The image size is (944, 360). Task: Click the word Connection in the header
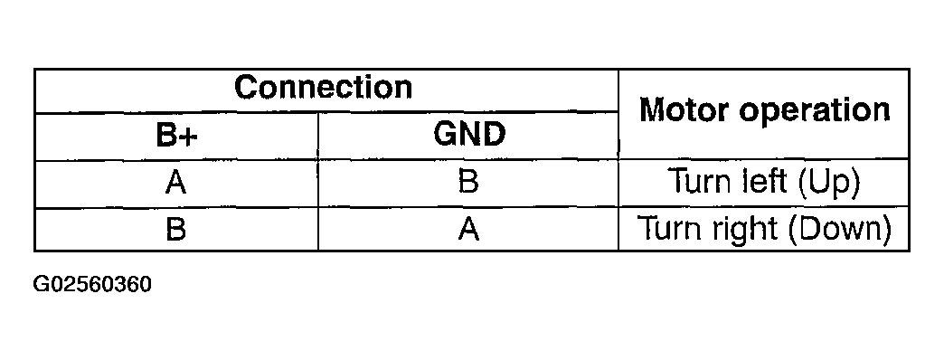323,89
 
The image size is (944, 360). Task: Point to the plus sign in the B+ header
190,137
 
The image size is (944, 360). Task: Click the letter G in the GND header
443,136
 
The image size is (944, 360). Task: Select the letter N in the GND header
468,136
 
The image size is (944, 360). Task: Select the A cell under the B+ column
176,184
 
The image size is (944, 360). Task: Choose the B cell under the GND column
468,184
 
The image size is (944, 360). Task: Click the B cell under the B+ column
176,229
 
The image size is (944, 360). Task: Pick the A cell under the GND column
468,229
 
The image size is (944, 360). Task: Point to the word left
762,184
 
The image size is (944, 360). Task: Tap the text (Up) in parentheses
826,185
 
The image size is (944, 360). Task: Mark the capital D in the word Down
806,229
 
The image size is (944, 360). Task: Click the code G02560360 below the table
92,285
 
